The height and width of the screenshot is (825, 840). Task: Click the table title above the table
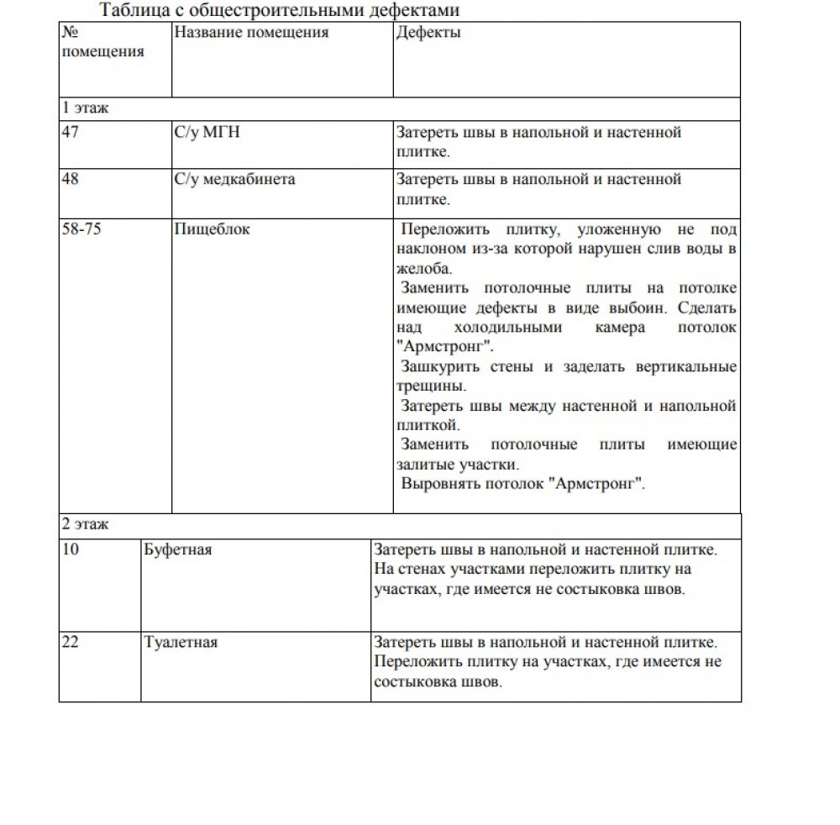pyautogui.click(x=280, y=11)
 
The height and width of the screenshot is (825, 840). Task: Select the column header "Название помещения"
pyautogui.click(x=250, y=33)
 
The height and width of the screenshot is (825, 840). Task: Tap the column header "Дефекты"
pyautogui.click(x=428, y=33)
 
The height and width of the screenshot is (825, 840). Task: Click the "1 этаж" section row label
pyautogui.click(x=86, y=108)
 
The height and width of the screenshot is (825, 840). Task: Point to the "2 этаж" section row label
pyautogui.click(x=86, y=524)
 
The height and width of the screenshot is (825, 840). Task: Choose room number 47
pyautogui.click(x=71, y=132)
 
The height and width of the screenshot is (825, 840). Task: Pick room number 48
pyautogui.click(x=71, y=179)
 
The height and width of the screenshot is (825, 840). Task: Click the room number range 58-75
pyautogui.click(x=81, y=229)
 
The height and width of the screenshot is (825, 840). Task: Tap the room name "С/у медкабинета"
pyautogui.click(x=234, y=179)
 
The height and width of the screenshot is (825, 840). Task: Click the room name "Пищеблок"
pyautogui.click(x=212, y=229)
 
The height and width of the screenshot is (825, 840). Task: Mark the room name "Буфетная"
pyautogui.click(x=178, y=549)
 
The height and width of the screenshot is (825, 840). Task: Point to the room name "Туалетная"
pyautogui.click(x=181, y=643)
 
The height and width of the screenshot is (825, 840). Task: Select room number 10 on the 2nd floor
pyautogui.click(x=71, y=549)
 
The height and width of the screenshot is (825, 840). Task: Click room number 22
pyautogui.click(x=71, y=643)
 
